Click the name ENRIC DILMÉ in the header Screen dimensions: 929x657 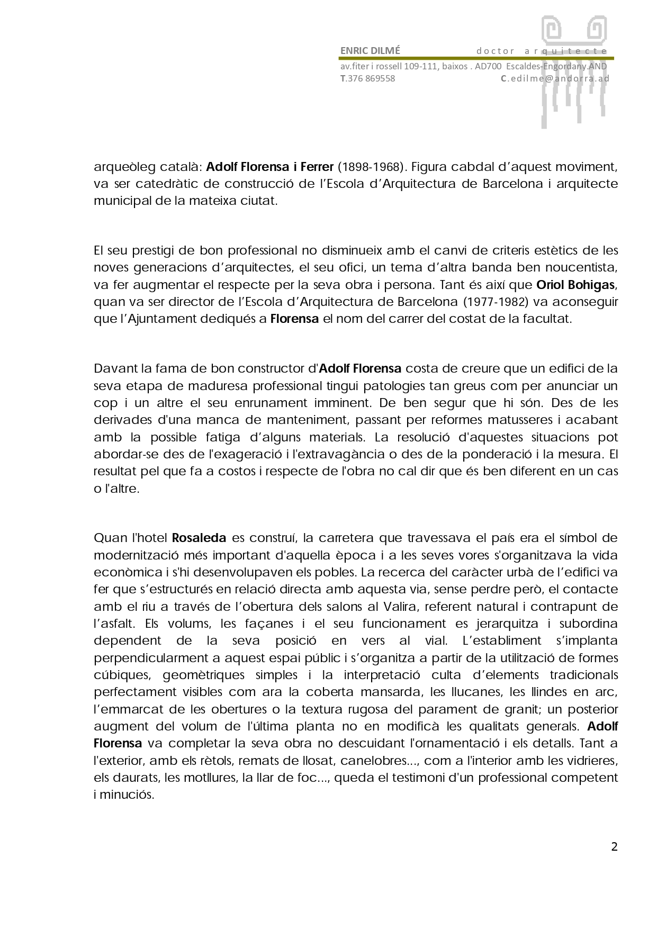tap(370, 51)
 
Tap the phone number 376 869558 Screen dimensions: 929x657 tap(371, 78)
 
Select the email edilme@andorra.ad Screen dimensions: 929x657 tap(559, 78)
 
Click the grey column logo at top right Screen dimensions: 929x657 tap(573, 71)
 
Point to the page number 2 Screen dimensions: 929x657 tap(614, 847)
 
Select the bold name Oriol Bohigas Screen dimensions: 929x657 tap(576, 285)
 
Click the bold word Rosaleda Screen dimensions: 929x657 tap(200, 538)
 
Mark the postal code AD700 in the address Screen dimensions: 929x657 tap(488, 67)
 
